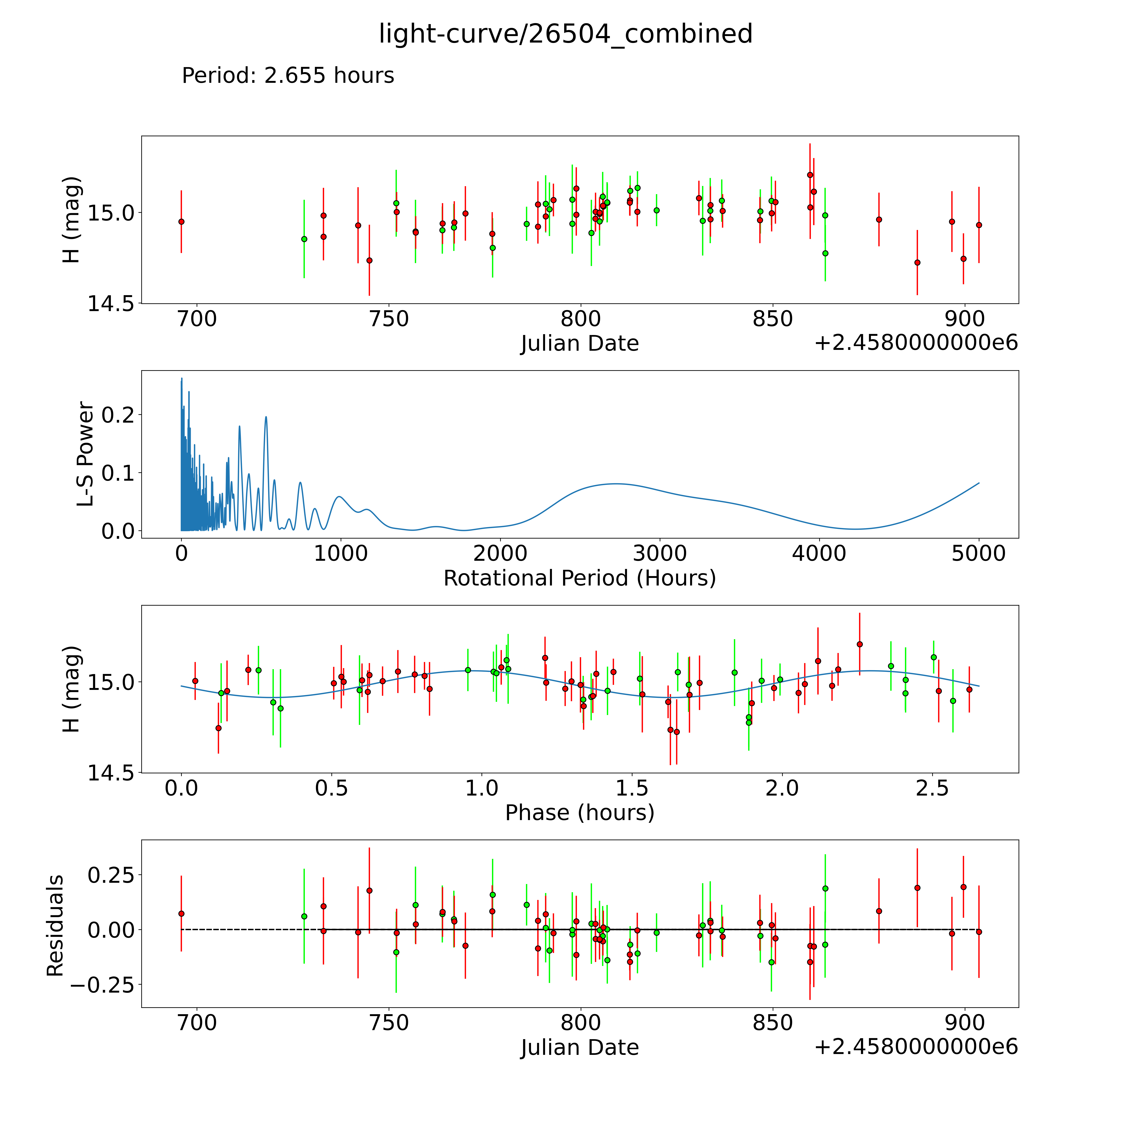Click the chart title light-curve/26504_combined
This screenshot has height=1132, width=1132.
(565, 34)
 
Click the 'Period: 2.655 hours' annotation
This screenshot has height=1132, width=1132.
(288, 76)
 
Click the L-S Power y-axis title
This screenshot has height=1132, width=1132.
(86, 454)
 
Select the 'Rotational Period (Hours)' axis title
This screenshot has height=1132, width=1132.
(579, 578)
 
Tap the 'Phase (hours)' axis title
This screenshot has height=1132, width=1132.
(579, 813)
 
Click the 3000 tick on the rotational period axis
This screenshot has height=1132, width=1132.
(660, 553)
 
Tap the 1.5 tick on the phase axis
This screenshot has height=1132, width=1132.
(632, 788)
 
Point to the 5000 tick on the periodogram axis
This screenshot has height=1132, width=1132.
(979, 553)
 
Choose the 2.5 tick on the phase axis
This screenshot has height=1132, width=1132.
(932, 788)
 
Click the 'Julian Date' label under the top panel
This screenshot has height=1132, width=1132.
(579, 343)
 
